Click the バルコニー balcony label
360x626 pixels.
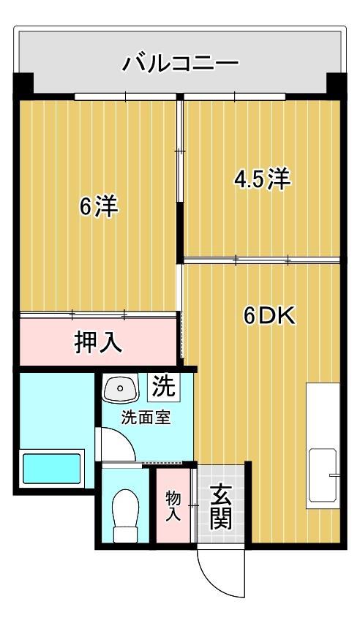pyautogui.click(x=179, y=63)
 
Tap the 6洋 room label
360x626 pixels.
pyautogui.click(x=99, y=207)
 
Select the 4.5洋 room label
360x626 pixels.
pyautogui.click(x=262, y=178)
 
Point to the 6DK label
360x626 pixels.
pyautogui.click(x=269, y=315)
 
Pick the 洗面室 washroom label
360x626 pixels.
pyautogui.click(x=146, y=419)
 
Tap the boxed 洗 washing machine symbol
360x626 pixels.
pyautogui.click(x=164, y=386)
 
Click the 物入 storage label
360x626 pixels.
pyautogui.click(x=173, y=506)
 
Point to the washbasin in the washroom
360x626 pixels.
pyautogui.click(x=119, y=388)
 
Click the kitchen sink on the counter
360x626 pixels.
pyautogui.click(x=323, y=475)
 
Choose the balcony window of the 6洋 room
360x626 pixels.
pyautogui.click(x=126, y=96)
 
